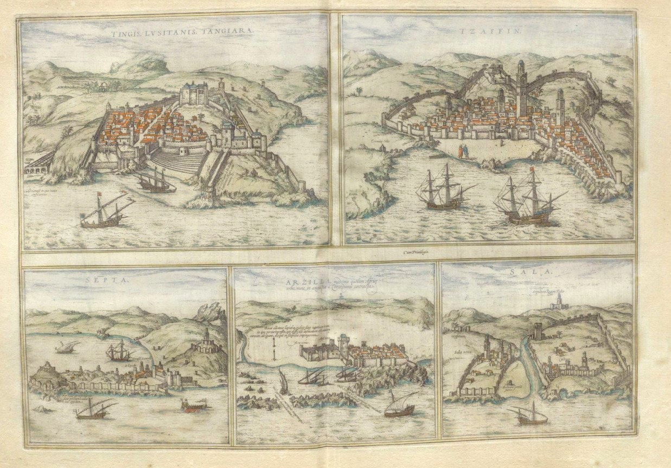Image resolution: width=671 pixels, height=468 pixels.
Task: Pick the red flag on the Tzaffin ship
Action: pos(532,170)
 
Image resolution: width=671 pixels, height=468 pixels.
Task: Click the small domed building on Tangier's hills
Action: pos(101,85)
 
